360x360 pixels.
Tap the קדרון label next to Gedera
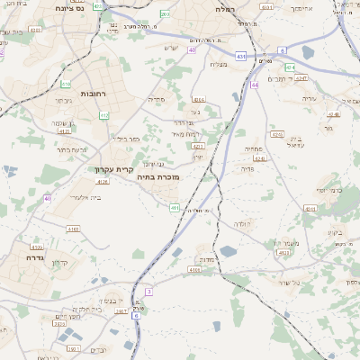point(59,262)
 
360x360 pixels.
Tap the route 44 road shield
point(255,85)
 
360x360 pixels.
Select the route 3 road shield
point(149,291)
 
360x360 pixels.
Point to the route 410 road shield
point(67,84)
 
